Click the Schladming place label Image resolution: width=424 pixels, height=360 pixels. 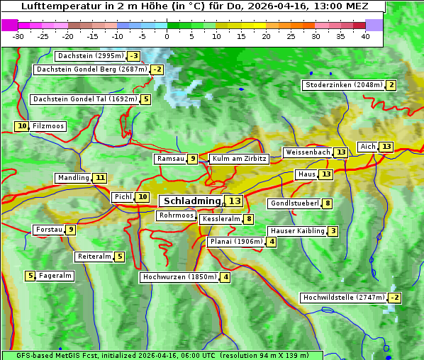click(191, 201)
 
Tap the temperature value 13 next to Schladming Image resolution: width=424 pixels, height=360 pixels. click(235, 201)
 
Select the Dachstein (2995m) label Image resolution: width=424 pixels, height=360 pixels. click(90, 56)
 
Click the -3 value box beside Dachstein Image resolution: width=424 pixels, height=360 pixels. click(133, 56)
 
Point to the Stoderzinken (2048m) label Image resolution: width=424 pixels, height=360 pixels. click(343, 85)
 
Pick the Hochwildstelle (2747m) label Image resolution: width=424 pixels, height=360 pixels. click(344, 298)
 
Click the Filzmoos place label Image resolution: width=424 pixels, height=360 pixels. click(48, 126)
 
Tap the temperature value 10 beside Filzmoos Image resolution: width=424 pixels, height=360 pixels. click(22, 126)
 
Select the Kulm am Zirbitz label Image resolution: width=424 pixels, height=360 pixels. click(239, 159)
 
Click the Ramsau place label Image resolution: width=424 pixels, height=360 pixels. click(170, 159)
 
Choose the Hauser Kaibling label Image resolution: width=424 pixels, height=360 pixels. click(297, 231)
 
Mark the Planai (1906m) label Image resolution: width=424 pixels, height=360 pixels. click(236, 242)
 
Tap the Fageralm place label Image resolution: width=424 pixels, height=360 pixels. click(55, 276)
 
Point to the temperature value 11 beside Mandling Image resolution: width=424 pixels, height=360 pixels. click(100, 178)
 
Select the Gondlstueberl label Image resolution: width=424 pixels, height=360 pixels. click(294, 203)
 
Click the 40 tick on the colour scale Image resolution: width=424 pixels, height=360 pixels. click(365, 36)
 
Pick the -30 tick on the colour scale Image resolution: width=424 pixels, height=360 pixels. click(18, 36)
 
